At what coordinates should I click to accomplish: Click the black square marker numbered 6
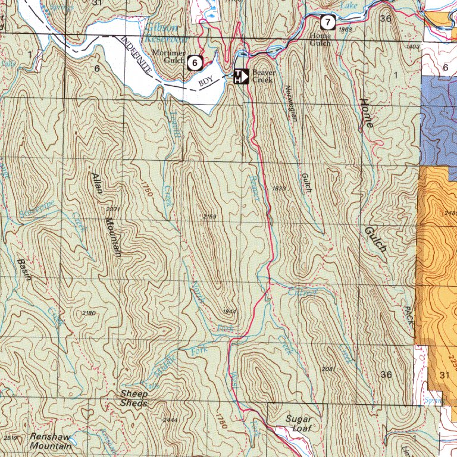coord(195,62)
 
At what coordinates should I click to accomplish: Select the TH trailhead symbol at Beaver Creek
coord(240,76)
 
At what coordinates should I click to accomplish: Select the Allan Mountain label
coord(105,214)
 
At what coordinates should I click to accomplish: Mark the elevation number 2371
coord(113,209)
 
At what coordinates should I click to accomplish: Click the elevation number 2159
coord(209,217)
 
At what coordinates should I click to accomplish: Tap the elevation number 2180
coord(89,313)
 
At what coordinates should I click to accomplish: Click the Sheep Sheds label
coord(134,399)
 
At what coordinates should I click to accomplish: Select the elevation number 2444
coord(170,420)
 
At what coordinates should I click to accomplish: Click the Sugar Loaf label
coord(298,423)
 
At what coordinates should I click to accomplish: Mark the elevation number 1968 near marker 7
coord(345,30)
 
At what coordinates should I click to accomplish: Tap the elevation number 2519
coord(10,438)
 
